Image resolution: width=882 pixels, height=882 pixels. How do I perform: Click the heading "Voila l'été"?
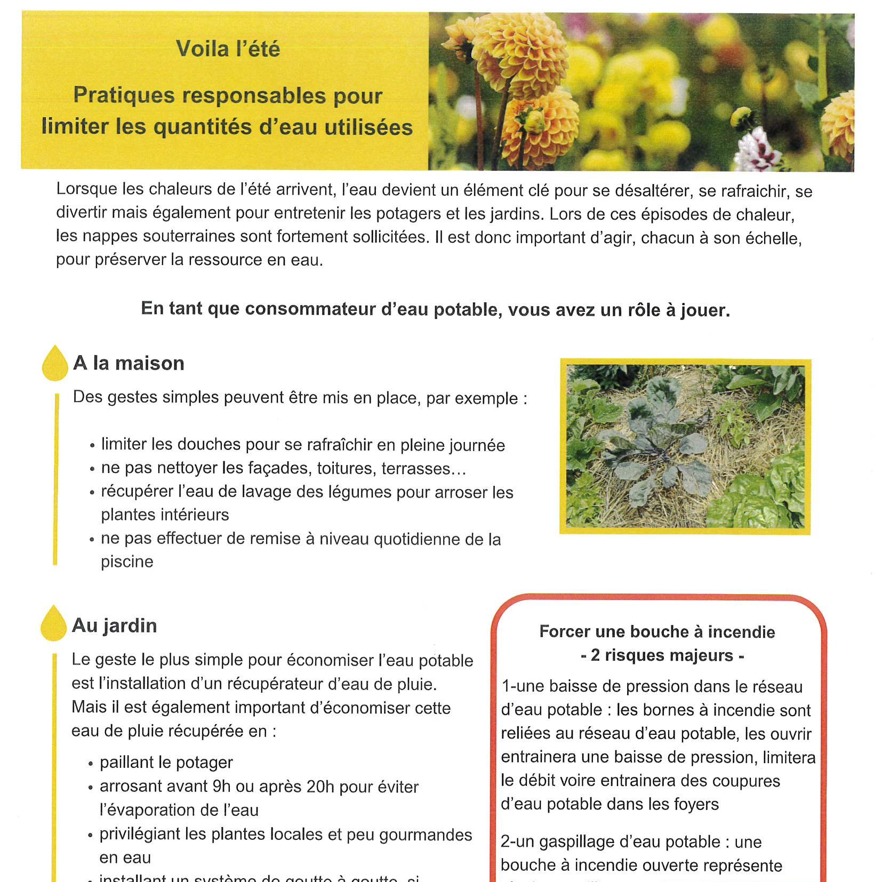click(x=228, y=49)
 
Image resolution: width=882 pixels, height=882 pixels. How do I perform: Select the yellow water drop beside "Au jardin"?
click(x=54, y=624)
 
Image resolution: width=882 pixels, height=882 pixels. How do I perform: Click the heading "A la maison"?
click(x=129, y=363)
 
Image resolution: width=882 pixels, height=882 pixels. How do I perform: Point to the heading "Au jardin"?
click(x=114, y=626)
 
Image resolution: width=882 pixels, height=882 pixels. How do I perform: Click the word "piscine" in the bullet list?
click(x=127, y=562)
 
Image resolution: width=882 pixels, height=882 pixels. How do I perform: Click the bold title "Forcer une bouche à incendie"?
click(x=657, y=632)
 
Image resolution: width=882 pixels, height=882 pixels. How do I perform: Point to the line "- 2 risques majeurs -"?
click(x=662, y=655)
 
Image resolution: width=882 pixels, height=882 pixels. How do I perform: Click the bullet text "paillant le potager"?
click(x=166, y=763)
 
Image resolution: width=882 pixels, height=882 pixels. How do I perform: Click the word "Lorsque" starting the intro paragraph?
click(x=86, y=189)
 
